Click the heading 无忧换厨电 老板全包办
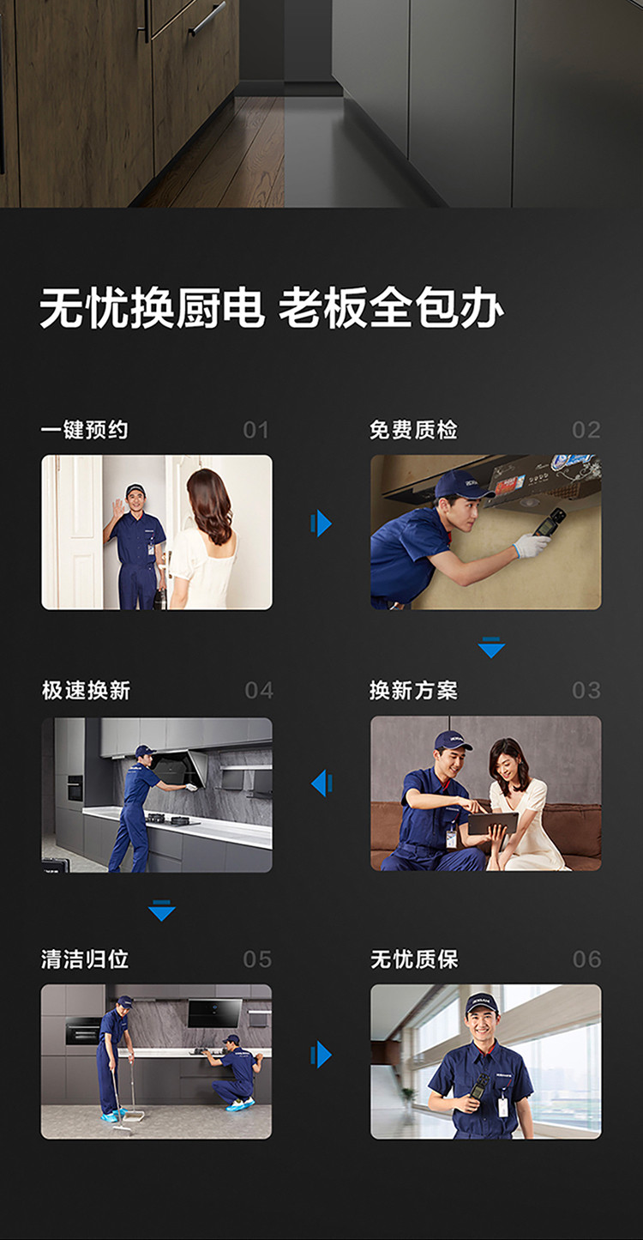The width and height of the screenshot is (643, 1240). pyautogui.click(x=272, y=308)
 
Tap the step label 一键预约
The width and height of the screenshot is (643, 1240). pyautogui.click(x=85, y=430)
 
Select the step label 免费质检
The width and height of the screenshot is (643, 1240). pyautogui.click(x=413, y=430)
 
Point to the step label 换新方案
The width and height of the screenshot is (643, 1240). pyautogui.click(x=413, y=690)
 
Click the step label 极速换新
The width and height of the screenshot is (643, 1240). pyautogui.click(x=87, y=690)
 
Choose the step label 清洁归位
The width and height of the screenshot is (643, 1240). pyautogui.click(x=85, y=959)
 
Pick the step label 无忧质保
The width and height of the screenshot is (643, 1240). pyautogui.click(x=415, y=959)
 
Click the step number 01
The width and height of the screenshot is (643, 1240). pyautogui.click(x=256, y=430)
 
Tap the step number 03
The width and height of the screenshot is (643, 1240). pyautogui.click(x=586, y=690)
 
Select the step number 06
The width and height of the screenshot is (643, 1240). pyautogui.click(x=586, y=959)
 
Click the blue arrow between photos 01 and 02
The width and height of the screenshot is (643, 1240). pyautogui.click(x=321, y=523)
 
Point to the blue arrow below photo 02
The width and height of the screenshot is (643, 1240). pyautogui.click(x=491, y=647)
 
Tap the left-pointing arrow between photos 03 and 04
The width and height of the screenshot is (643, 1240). pyautogui.click(x=321, y=783)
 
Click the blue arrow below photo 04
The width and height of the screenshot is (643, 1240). pyautogui.click(x=162, y=910)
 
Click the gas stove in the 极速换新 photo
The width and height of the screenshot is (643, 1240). pyautogui.click(x=172, y=819)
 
